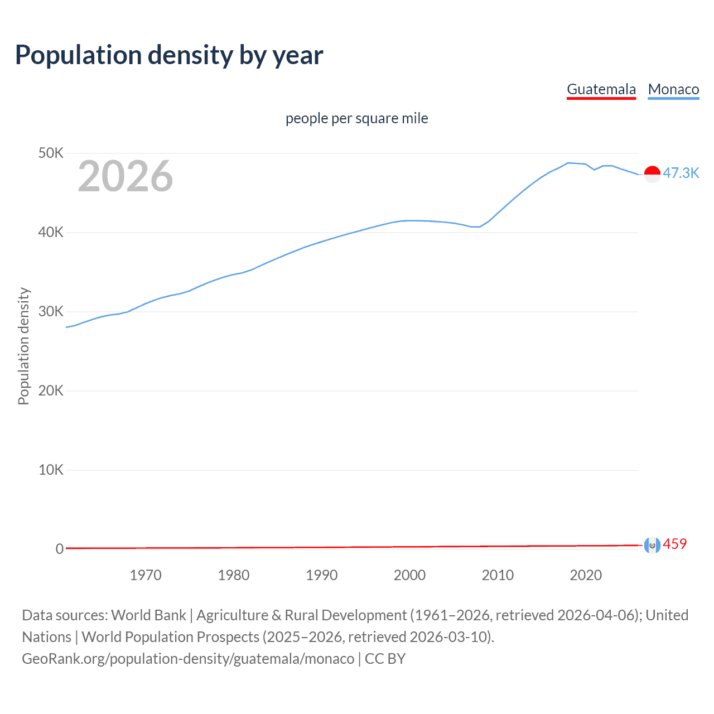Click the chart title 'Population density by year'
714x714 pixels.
point(169,55)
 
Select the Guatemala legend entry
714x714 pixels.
point(601,89)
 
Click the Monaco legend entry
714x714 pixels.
point(673,89)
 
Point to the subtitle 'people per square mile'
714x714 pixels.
point(356,118)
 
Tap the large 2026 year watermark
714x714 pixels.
point(126,176)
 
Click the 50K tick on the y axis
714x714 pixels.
point(51,153)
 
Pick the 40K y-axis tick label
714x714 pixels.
point(51,232)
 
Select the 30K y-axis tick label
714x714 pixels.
point(51,311)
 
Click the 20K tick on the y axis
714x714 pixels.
point(51,390)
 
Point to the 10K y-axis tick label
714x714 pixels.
point(51,470)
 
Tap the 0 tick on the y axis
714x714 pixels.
point(59,549)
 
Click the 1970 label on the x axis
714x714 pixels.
point(146,575)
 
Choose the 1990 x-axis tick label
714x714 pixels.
point(322,575)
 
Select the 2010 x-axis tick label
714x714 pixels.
point(498,575)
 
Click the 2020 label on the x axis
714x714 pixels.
point(586,575)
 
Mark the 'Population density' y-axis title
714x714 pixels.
point(23,346)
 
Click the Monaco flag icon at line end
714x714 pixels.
point(652,174)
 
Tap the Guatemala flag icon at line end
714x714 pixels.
point(652,545)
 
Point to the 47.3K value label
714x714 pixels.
point(681,173)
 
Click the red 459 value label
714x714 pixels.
point(675,544)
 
